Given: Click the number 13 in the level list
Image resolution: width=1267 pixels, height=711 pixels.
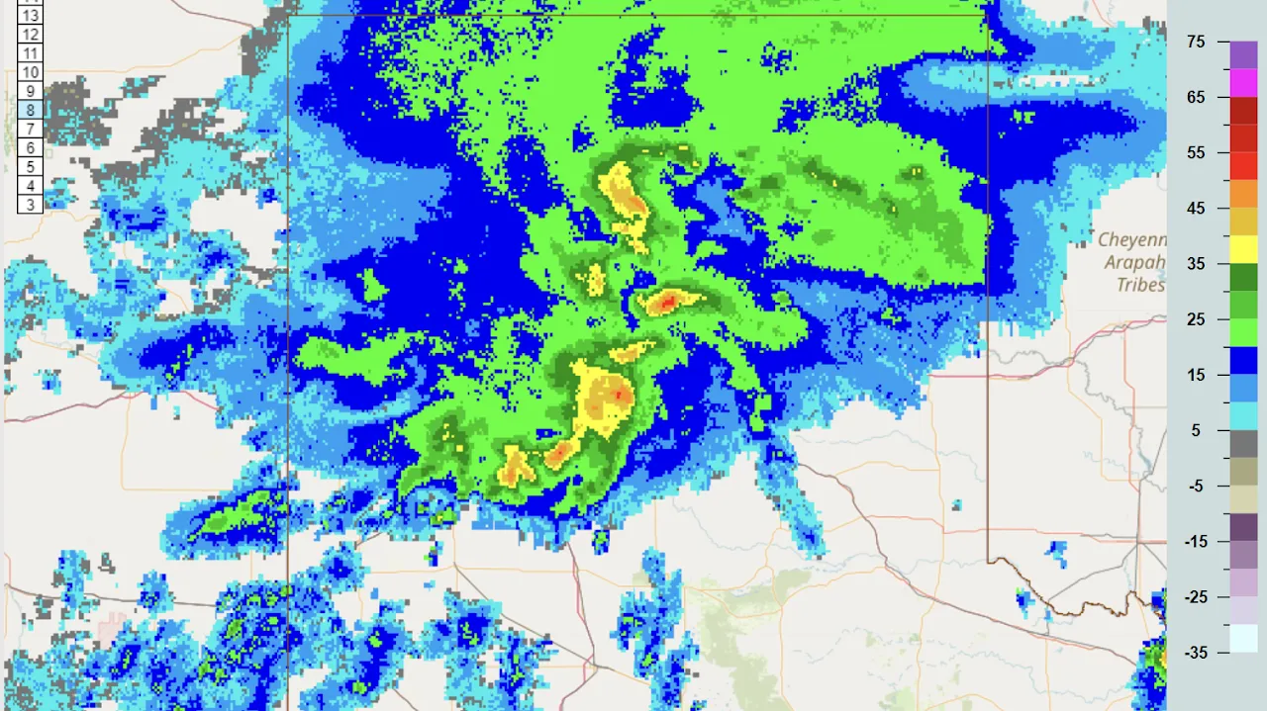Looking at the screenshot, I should [x=30, y=16].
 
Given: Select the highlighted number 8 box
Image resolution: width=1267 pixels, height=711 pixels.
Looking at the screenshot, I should [x=30, y=111].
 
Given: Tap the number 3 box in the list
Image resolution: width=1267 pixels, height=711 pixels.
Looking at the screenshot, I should [x=30, y=205].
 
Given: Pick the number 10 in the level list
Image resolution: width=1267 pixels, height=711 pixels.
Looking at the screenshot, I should [x=30, y=72].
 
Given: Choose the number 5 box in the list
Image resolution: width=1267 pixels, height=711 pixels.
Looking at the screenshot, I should [x=30, y=167].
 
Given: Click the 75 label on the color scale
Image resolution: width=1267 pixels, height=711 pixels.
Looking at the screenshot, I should [x=1196, y=42].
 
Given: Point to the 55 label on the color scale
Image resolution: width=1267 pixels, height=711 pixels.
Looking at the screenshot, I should [x=1196, y=152].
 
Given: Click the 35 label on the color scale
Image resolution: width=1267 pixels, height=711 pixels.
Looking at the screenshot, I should [x=1196, y=264].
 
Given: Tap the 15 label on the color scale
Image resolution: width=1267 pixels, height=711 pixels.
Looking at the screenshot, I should [x=1196, y=375].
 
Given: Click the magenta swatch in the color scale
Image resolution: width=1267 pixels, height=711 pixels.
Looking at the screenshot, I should [x=1243, y=83].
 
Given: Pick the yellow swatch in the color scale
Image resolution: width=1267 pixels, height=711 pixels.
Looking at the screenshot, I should [x=1243, y=249].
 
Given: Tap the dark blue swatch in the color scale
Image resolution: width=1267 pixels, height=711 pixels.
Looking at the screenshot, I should [x=1243, y=360].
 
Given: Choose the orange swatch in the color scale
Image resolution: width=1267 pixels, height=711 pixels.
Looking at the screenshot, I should [x=1243, y=194].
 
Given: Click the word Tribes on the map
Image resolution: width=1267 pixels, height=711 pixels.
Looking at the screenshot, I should [x=1141, y=285].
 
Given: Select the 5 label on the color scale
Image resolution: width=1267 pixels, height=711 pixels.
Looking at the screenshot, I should [x=1196, y=430].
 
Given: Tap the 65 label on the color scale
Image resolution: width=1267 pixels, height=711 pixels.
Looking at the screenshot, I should [x=1196, y=97].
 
